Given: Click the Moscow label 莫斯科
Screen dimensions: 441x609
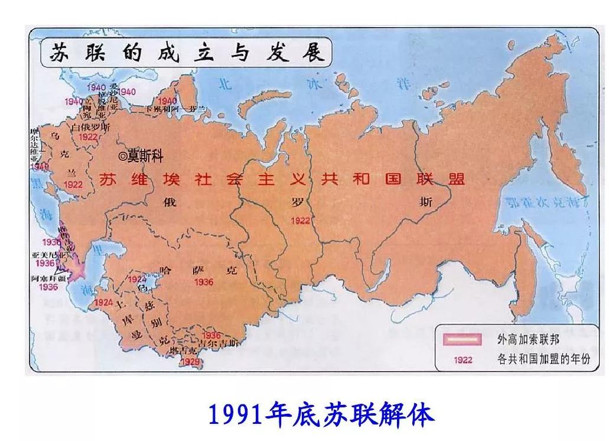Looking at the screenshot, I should [x=145, y=157].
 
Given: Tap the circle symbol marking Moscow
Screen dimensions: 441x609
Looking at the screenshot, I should [x=123, y=157].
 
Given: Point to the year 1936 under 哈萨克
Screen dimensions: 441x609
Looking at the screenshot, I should [x=203, y=283].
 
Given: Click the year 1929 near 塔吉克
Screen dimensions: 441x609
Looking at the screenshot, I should [x=190, y=361].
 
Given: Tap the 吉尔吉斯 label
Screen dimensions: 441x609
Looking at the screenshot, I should [x=219, y=343].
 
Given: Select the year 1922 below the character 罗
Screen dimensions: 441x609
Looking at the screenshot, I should [x=301, y=220].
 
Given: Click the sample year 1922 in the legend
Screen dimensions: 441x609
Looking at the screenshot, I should [x=463, y=359].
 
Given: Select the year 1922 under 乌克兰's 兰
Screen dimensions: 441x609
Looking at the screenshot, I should [x=74, y=184].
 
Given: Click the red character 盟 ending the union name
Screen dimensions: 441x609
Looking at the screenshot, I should [x=457, y=179].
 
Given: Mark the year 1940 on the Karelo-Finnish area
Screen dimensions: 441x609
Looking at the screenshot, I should [x=167, y=101].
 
